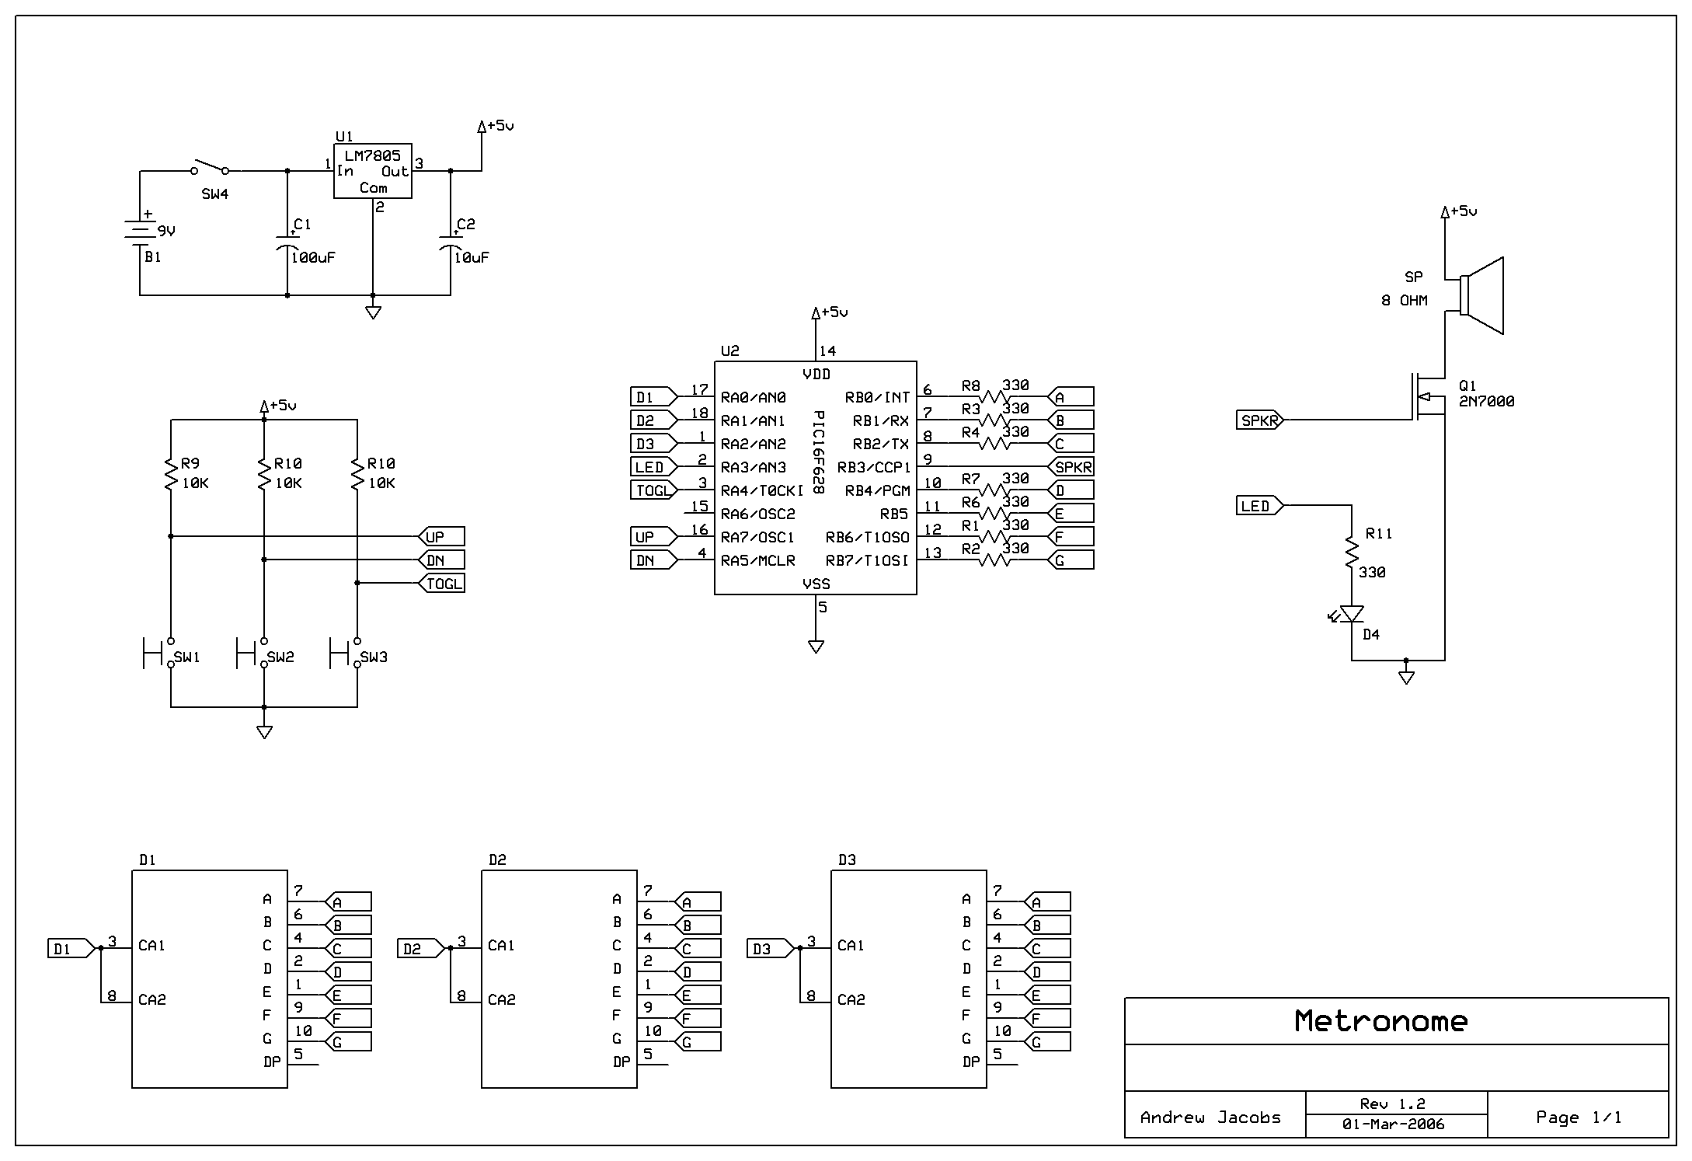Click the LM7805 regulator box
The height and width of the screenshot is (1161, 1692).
coord(372,170)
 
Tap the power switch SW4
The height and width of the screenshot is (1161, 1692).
coord(210,169)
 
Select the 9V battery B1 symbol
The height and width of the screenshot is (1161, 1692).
coord(140,232)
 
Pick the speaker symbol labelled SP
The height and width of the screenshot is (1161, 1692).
coord(1482,296)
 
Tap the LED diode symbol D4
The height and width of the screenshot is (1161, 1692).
coord(1352,615)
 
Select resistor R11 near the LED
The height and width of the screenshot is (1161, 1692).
coord(1352,553)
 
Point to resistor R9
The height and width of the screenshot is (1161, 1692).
coord(171,474)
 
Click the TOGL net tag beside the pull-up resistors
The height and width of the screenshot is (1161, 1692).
coord(443,584)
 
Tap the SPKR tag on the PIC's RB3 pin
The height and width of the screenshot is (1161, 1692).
coord(1072,467)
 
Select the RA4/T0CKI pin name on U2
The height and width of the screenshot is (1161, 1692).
coord(762,490)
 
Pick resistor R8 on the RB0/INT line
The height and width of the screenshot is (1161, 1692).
coord(994,397)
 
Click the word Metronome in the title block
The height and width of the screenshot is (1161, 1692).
coord(1381,1021)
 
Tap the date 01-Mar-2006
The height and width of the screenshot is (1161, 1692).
coord(1393,1124)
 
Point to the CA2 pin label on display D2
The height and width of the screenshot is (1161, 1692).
coord(502,999)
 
